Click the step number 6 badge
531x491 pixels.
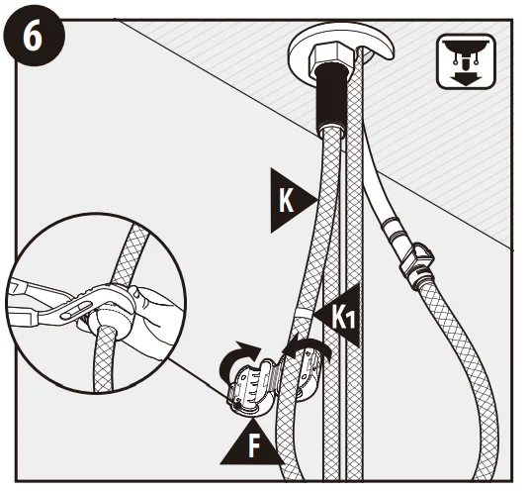(34, 36)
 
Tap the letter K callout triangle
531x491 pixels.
(291, 201)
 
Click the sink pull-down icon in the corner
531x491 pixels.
(467, 61)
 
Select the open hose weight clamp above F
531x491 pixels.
(251, 386)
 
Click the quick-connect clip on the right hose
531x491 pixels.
(416, 258)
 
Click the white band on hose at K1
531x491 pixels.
(304, 312)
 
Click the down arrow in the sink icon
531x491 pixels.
(466, 78)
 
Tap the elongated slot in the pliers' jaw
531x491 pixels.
(76, 311)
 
